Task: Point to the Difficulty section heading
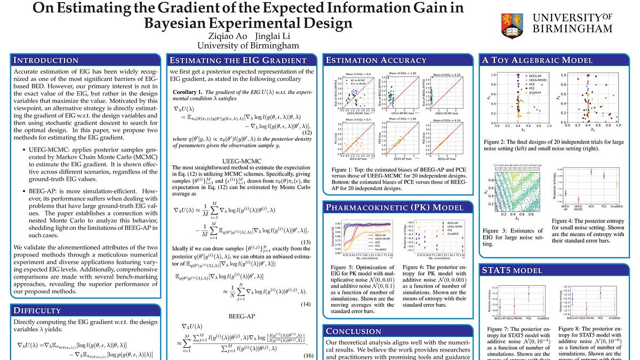click(x=37, y=310)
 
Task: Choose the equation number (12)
click(x=307, y=133)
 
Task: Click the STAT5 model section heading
click(x=511, y=270)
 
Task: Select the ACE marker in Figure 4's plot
click(x=591, y=172)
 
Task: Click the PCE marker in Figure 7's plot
click(x=529, y=293)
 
